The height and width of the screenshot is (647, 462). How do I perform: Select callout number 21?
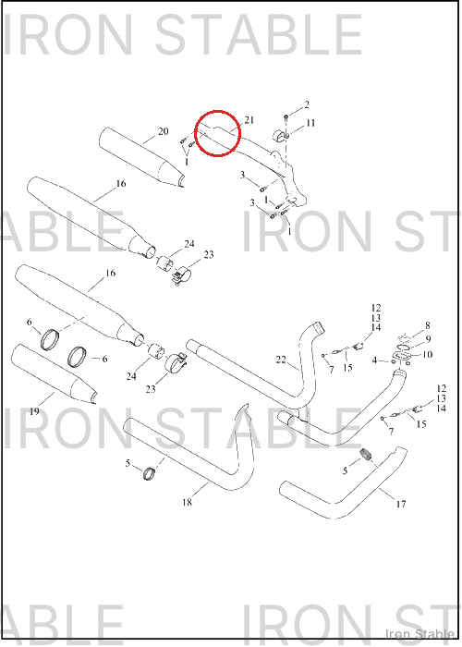coord(249,120)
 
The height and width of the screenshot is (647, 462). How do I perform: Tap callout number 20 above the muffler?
coord(164,131)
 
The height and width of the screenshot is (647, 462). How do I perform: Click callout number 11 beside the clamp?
coord(310,123)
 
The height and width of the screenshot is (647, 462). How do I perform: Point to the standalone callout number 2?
coord(307,104)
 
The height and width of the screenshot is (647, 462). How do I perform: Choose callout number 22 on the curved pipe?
coord(281,360)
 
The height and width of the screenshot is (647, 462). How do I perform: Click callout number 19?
coord(34,411)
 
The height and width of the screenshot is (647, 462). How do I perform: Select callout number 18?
coord(187,502)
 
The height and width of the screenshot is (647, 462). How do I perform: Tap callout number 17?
coord(400,504)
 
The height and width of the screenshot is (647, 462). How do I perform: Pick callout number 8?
coord(428,325)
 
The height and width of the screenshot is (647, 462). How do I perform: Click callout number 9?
coord(429,339)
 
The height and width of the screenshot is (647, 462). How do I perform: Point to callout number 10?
coord(427,354)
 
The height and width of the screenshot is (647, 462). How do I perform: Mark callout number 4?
coord(374,360)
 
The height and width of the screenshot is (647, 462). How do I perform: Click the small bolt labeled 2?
coord(286,118)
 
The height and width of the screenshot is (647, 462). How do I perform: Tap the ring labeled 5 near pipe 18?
coord(148,473)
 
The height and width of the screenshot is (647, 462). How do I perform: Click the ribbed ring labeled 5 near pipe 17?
coord(365,453)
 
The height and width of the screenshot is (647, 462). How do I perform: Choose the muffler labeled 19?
coord(53,374)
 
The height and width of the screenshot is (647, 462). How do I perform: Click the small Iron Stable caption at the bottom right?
coord(419,633)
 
